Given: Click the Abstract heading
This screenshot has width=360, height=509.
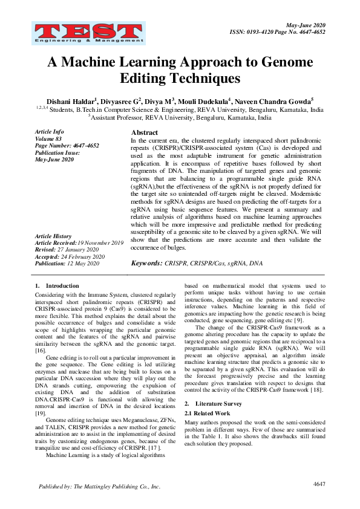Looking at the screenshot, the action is click(x=145, y=132).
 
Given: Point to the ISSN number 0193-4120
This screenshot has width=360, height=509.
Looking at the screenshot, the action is click(x=262, y=31).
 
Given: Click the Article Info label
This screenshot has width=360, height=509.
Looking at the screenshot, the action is click(x=49, y=131).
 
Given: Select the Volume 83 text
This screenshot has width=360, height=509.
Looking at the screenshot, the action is click(x=48, y=138).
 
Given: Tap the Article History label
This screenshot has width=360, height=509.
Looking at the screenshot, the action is click(x=53, y=236).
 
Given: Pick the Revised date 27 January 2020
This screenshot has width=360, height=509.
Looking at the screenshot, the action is click(x=83, y=250).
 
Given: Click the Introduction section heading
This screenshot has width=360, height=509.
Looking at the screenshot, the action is click(x=62, y=285).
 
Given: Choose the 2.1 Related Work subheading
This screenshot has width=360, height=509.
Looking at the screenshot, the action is click(x=208, y=412).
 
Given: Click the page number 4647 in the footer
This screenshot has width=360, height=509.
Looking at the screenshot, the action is click(x=319, y=485).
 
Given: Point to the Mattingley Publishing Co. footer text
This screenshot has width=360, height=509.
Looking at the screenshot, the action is click(x=100, y=487).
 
